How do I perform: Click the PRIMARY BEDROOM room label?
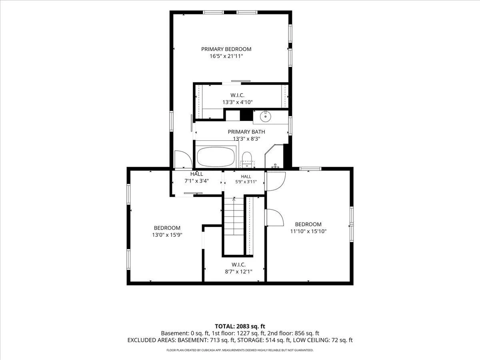(x=226, y=49)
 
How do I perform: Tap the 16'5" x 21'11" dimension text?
(x=226, y=56)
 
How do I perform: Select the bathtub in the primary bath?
(x=216, y=156)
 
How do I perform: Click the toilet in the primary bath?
(x=247, y=160)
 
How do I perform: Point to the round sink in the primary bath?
(x=266, y=117)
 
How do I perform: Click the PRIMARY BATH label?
(x=246, y=132)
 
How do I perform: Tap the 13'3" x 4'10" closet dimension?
(x=238, y=102)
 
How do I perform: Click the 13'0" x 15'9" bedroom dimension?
(x=167, y=235)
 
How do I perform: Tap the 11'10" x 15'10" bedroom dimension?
(x=308, y=231)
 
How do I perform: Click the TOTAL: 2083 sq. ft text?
(x=240, y=326)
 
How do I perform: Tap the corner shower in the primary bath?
(x=274, y=156)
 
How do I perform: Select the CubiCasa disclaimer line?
(x=240, y=350)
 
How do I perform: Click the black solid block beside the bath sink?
(x=246, y=115)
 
